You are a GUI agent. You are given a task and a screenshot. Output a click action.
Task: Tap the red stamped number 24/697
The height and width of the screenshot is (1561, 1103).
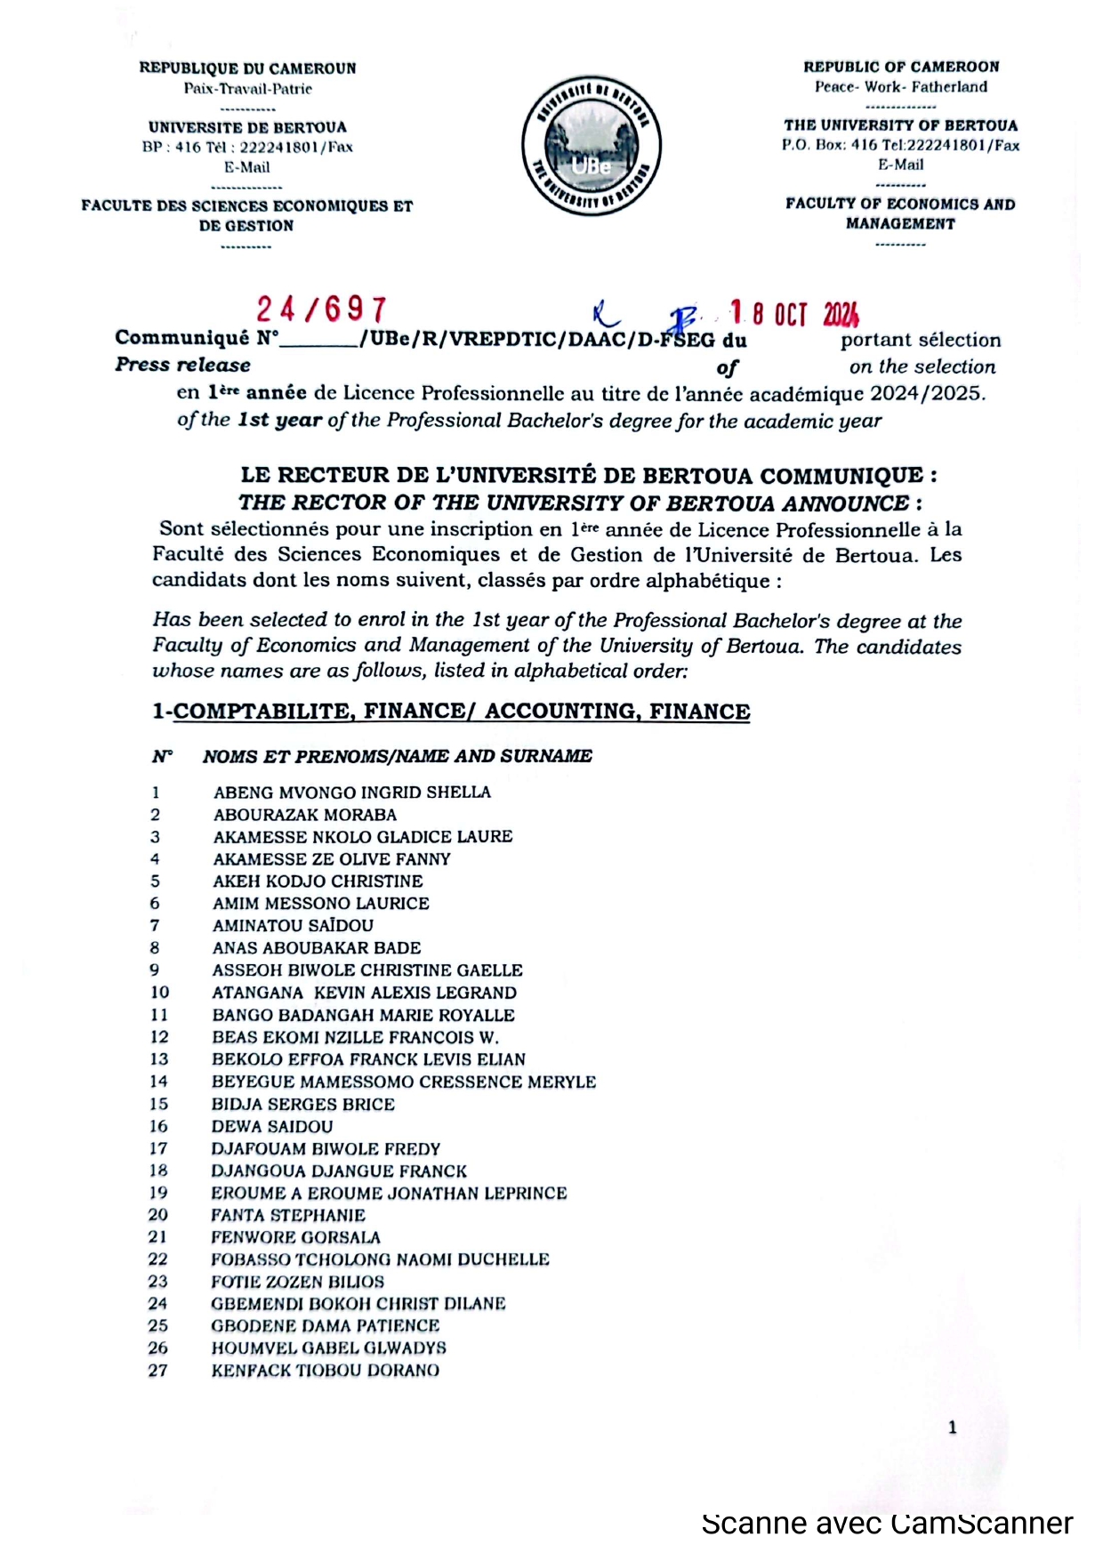(x=322, y=310)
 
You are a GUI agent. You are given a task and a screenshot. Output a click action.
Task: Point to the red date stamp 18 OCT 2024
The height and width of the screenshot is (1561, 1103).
(x=794, y=313)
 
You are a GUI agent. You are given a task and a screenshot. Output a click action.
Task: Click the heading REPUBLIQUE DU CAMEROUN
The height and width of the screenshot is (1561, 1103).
(x=247, y=68)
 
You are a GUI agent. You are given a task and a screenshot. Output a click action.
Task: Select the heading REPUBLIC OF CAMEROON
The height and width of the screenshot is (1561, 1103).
(x=901, y=67)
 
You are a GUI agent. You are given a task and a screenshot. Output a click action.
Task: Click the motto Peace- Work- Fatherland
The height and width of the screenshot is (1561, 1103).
(x=901, y=87)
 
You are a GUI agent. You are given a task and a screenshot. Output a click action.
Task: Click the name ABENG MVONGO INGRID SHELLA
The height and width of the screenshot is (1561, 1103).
(x=351, y=793)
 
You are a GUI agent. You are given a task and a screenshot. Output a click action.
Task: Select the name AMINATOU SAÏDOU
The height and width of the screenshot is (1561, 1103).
(x=293, y=926)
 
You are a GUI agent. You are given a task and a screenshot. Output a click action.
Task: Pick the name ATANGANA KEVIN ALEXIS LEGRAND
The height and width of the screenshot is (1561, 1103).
(x=364, y=993)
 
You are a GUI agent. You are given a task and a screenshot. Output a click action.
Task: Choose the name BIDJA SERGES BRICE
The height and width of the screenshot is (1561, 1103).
(x=303, y=1105)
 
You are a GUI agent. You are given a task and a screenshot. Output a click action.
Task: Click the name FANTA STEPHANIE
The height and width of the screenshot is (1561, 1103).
(x=288, y=1216)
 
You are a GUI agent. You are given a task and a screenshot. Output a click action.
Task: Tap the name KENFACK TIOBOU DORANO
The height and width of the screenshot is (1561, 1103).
(x=325, y=1372)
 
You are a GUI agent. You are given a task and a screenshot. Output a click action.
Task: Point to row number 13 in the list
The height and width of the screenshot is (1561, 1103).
(x=158, y=1059)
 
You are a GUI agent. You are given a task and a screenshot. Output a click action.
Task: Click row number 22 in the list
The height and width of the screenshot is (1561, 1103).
(x=157, y=1260)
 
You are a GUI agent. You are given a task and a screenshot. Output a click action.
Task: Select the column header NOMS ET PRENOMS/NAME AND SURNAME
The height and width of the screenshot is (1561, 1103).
(x=397, y=757)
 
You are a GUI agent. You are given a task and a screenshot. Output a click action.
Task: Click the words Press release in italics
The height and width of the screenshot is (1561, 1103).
(x=182, y=366)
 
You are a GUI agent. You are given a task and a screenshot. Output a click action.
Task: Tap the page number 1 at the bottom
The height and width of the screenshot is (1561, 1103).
(x=953, y=1428)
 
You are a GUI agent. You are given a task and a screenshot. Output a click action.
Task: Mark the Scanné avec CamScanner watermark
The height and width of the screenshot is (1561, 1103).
(x=887, y=1524)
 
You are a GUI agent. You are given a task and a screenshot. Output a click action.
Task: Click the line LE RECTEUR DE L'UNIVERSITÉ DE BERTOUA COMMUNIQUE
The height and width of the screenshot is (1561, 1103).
(x=588, y=476)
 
